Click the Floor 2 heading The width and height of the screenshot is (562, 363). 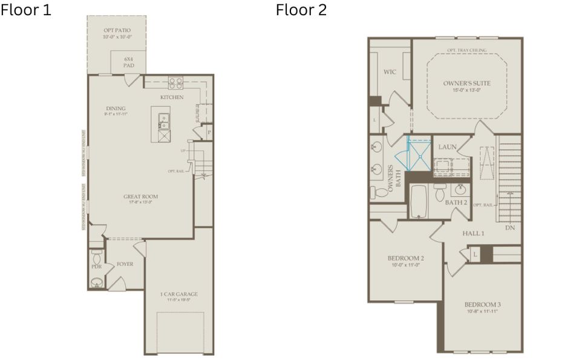point(301,10)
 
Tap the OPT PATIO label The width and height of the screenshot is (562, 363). point(117,31)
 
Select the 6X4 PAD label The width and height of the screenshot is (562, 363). point(128,62)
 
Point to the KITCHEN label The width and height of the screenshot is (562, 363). point(172,97)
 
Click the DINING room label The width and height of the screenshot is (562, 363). point(115,109)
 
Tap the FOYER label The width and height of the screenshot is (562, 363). point(125,264)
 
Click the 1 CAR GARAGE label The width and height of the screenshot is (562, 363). point(178,295)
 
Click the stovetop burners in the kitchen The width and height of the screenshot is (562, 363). point(176,83)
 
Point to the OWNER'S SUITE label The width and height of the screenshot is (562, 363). point(466,83)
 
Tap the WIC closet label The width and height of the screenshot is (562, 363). point(390,72)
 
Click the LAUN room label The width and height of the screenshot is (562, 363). point(447,147)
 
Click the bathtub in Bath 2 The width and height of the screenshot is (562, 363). point(419,201)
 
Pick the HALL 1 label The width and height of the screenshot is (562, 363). point(474,233)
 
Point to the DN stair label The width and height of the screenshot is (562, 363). point(510,228)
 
